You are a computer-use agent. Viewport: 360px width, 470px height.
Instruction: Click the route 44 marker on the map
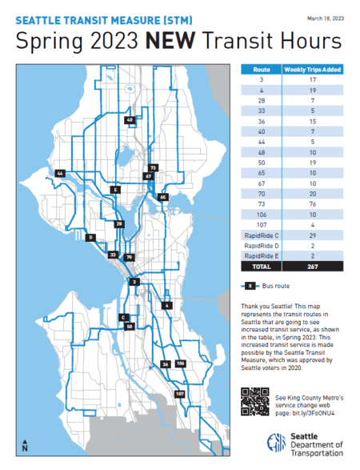[x=60, y=173]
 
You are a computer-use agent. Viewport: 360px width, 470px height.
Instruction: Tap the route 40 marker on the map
[x=130, y=120]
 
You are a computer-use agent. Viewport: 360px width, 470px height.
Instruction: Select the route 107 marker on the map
[x=179, y=395]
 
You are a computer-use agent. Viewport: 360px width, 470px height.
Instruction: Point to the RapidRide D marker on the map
[x=92, y=237]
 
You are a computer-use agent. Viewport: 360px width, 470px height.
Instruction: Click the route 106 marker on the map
[x=181, y=364]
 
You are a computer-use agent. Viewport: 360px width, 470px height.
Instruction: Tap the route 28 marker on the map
[x=118, y=224]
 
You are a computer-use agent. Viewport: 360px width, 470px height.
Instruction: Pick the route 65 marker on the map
[x=163, y=196]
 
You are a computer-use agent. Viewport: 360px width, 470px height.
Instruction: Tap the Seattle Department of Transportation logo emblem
[x=274, y=443]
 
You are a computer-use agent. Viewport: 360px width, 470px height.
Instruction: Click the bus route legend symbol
[x=250, y=286]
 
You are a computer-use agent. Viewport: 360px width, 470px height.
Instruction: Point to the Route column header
[x=259, y=70]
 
